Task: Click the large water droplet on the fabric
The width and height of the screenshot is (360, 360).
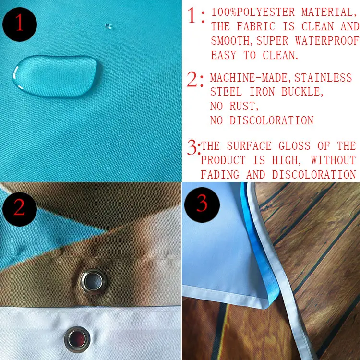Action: tap(56, 76)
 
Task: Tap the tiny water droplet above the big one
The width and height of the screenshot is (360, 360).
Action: tap(108, 26)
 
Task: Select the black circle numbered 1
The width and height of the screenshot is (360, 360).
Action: tap(20, 24)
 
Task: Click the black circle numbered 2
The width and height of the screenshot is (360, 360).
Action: tap(20, 209)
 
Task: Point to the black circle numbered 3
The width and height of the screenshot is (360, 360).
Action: tap(202, 204)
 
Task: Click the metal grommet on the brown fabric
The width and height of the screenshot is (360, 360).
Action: tap(93, 281)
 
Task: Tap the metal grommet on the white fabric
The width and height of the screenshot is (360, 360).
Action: tap(77, 339)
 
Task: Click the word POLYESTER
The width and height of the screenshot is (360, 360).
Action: tap(265, 12)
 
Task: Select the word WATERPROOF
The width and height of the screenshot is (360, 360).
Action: tap(327, 41)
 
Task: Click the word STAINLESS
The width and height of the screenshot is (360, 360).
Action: tap(323, 78)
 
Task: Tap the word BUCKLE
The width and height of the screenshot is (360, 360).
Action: tap(302, 92)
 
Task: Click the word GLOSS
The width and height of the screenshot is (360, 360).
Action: tap(295, 146)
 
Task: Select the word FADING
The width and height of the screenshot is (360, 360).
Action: tap(220, 175)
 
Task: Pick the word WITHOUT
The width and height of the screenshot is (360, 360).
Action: tap(334, 160)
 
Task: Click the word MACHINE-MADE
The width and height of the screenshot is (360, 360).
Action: tap(249, 78)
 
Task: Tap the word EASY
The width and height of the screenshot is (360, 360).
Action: tap(223, 55)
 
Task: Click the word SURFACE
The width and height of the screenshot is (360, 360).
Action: tap(249, 146)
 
